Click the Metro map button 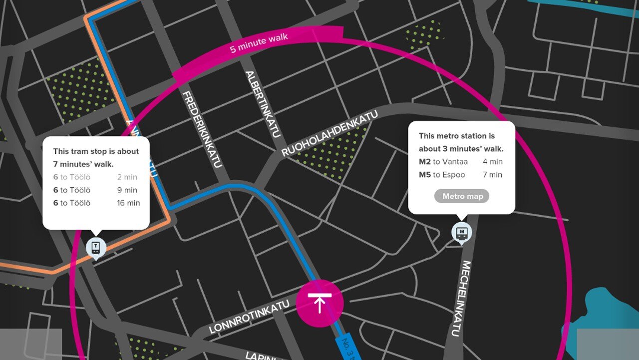click(462, 196)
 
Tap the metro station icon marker click(462, 232)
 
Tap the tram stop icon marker click(96, 247)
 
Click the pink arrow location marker click(319, 303)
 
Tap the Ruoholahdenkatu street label click(329, 134)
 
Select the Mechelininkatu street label click(460, 299)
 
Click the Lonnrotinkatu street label click(249, 317)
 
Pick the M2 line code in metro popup click(424, 162)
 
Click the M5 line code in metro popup click(424, 175)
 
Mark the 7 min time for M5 click(492, 175)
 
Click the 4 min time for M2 click(492, 162)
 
